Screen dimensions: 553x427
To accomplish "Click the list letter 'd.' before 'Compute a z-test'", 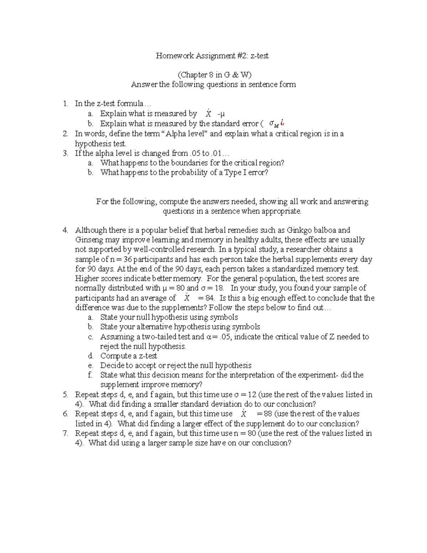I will (x=90, y=356).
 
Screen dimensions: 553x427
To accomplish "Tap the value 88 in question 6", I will (x=268, y=414).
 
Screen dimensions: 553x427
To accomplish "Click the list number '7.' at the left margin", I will (x=65, y=433).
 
